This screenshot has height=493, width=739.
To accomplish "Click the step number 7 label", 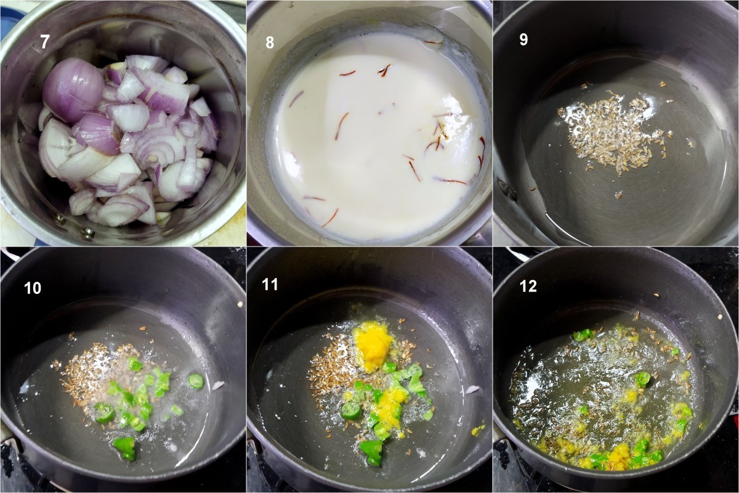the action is (45, 42).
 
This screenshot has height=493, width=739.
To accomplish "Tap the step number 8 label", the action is (270, 43).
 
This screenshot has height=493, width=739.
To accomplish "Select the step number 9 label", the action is (523, 39).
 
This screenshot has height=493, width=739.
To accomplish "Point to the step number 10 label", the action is (33, 288).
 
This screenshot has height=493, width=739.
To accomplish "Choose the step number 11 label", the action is (270, 285).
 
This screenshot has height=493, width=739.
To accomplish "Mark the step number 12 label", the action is (528, 287).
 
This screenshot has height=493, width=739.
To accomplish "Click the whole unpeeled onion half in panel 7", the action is (73, 90).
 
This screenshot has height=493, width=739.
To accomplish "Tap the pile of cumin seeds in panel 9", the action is (610, 132).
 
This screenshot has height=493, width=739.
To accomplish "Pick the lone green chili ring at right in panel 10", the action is (196, 380).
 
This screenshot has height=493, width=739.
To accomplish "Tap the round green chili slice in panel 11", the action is (350, 411).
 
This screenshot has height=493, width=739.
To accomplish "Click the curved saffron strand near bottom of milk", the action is (331, 218).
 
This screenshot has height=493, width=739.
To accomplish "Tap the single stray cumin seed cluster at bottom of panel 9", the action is (618, 195).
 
